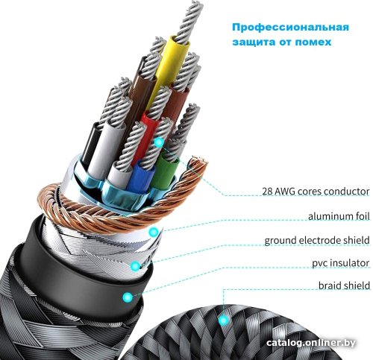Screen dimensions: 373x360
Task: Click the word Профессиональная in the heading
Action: (x=290, y=27)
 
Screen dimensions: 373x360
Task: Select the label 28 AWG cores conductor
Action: (x=316, y=192)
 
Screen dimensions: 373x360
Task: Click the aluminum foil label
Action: (x=339, y=216)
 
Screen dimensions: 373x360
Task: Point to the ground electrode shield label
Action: (x=317, y=240)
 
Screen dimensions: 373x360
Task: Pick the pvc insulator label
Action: (x=341, y=263)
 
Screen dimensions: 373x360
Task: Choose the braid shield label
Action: (x=344, y=285)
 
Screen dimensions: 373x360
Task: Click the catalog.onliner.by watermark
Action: (x=311, y=343)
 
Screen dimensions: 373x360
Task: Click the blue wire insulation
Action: (x=141, y=176)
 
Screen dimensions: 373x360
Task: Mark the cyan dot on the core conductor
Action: (x=159, y=142)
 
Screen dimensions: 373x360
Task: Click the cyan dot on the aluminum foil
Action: (x=154, y=232)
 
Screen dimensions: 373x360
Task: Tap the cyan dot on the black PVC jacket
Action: (x=128, y=297)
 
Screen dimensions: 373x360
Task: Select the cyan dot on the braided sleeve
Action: (x=224, y=320)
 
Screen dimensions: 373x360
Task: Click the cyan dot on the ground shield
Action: (x=136, y=266)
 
